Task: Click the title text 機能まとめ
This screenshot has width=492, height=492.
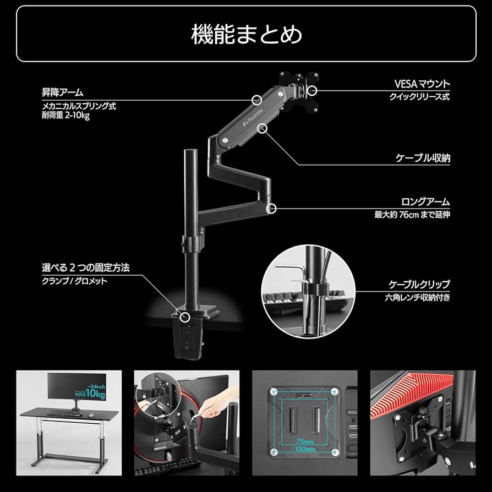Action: tap(246, 34)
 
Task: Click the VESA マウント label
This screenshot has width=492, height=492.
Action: tap(422, 84)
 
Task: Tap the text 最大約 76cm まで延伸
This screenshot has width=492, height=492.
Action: tap(412, 215)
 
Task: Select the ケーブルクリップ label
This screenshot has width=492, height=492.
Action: tap(419, 285)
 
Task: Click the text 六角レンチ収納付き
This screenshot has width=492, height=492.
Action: tap(417, 298)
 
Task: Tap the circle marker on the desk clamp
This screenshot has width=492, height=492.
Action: tap(185, 316)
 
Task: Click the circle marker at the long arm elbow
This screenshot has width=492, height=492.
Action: tap(271, 207)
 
